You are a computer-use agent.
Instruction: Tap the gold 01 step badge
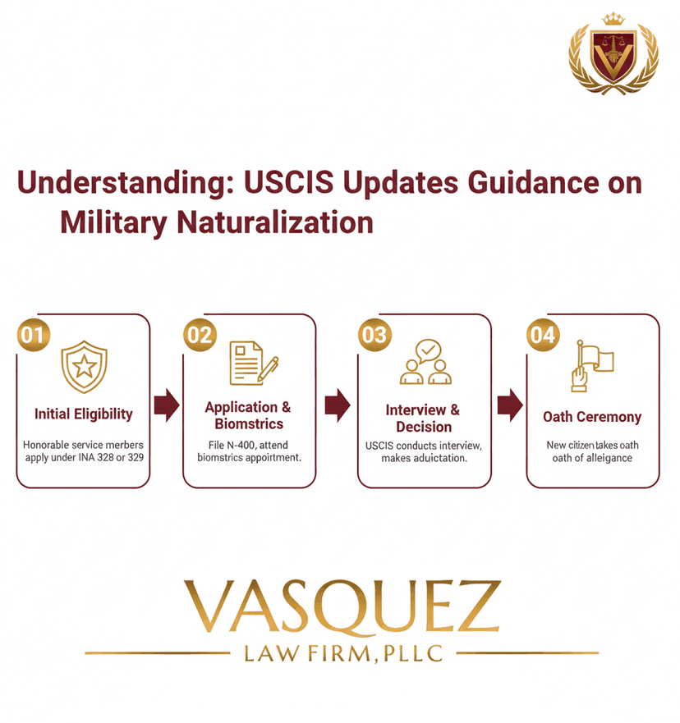coord(33,336)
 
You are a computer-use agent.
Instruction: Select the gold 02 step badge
coord(200,336)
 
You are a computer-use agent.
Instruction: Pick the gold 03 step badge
coord(374,336)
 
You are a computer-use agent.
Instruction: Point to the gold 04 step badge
coord(542,336)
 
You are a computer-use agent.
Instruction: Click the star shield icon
coord(84,367)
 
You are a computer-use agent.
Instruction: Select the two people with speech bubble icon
coord(425,364)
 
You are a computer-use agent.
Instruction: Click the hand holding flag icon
coord(590,366)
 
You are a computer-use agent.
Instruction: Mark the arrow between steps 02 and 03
coord(337,405)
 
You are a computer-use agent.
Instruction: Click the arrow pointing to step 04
coord(509,405)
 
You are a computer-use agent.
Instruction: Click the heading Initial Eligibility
coord(83,414)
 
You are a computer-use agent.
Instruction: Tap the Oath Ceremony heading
coord(592,417)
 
